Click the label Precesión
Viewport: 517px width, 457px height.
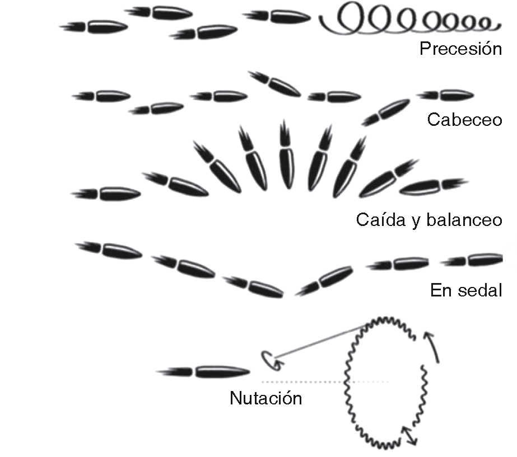pos(460,49)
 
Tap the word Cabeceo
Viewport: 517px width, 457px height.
pos(464,120)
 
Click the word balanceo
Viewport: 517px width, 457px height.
pos(463,220)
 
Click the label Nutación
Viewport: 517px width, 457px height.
pos(266,399)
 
